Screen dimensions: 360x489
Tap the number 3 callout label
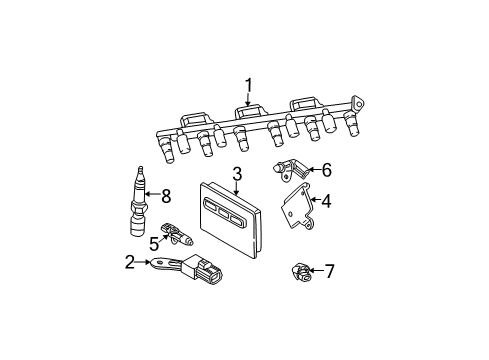(x=238, y=173)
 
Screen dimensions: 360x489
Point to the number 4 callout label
(x=326, y=200)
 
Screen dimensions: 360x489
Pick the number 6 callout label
(x=326, y=171)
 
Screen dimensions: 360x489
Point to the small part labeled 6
(x=292, y=171)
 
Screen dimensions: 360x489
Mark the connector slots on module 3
(x=224, y=213)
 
